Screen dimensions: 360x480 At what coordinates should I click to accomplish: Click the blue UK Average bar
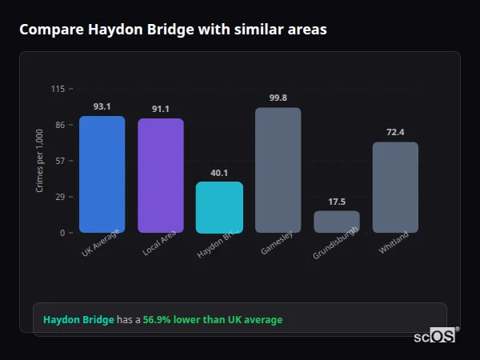102,174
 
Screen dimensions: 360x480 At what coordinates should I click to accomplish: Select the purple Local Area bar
160,176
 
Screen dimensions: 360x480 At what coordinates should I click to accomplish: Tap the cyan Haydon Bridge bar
219,207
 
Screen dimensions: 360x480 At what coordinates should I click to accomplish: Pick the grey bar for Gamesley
278,170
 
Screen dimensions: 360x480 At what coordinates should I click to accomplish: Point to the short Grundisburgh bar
336,222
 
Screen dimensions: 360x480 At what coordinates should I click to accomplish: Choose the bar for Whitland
395,187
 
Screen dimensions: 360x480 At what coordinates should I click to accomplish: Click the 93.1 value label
102,106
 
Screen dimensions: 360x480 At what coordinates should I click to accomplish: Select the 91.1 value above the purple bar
160,109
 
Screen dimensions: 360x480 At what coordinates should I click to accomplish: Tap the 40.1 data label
219,173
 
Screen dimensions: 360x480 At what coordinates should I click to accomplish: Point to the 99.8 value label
278,98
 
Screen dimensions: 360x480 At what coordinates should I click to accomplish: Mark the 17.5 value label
337,202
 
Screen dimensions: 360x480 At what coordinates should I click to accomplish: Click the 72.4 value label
395,132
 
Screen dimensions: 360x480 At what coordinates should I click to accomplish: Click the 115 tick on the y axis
58,89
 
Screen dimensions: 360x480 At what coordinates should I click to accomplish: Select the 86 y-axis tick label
60,125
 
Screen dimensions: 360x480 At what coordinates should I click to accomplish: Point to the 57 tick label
60,161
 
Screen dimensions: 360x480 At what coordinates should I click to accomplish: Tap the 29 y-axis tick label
60,197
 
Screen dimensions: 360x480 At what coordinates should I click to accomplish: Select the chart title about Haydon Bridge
173,30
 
